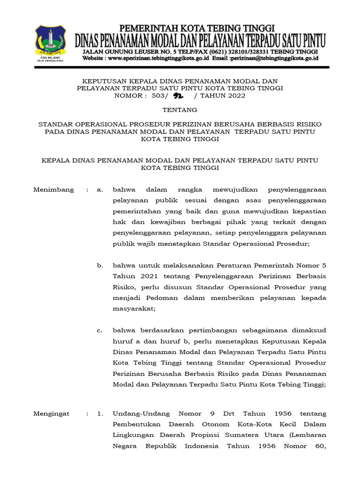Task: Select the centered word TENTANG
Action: (x=180, y=110)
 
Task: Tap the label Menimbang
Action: (x=54, y=189)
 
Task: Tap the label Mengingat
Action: (x=52, y=413)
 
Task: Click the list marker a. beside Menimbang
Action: (x=99, y=189)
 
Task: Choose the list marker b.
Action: (x=100, y=265)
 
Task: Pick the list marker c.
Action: (x=99, y=330)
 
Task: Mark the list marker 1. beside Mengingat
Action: (x=99, y=413)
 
